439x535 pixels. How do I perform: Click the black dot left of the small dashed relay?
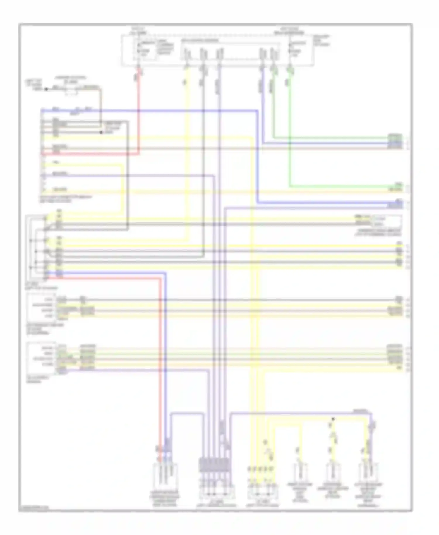coord(46,89)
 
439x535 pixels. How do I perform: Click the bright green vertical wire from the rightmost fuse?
coord(290,132)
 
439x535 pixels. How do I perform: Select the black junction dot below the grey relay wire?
coord(101,132)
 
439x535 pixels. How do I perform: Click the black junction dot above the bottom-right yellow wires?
coord(333,419)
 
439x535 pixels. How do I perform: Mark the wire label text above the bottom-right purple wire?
coord(360,411)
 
